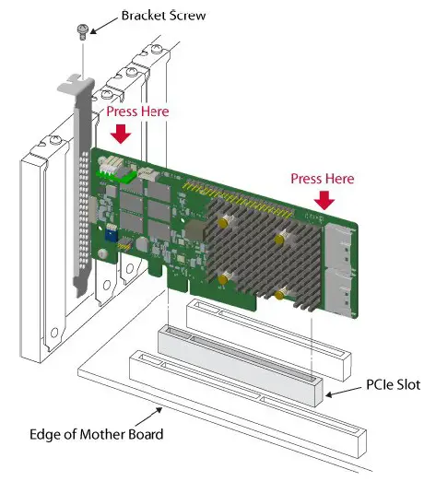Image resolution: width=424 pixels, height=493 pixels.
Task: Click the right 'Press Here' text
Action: (x=323, y=178)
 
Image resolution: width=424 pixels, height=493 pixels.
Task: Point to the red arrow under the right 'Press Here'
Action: (x=324, y=200)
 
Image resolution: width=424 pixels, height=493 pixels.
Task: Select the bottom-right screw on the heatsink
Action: (x=278, y=297)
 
